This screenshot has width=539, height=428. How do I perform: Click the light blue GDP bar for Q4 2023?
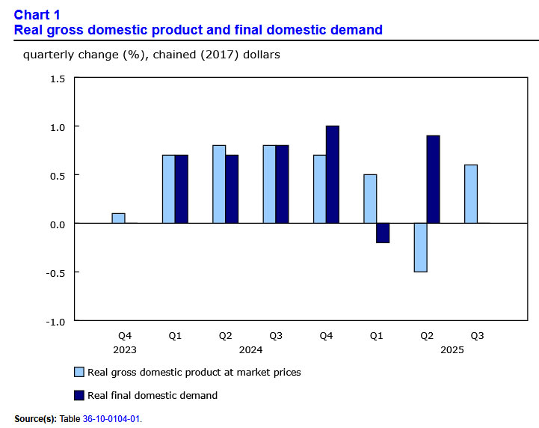pyautogui.click(x=118, y=218)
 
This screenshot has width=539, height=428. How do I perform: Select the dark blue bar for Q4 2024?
pyautogui.click(x=333, y=174)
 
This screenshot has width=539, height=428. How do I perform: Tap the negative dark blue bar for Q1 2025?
pyautogui.click(x=383, y=233)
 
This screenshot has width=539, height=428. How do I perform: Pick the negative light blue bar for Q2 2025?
pyautogui.click(x=420, y=247)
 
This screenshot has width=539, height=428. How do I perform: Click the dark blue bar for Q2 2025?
pyautogui.click(x=433, y=180)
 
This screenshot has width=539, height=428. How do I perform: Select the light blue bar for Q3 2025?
pyautogui.click(x=471, y=194)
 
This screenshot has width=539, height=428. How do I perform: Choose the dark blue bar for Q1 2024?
pyautogui.click(x=182, y=189)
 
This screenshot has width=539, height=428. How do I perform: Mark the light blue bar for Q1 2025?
pyautogui.click(x=370, y=199)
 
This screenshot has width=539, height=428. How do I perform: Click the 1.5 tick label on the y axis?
pyautogui.click(x=58, y=79)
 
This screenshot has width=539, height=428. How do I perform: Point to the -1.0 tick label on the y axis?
pyautogui.click(x=56, y=321)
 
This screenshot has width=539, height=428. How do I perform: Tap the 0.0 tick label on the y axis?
pyautogui.click(x=58, y=224)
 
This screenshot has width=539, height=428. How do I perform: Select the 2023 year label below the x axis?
pyautogui.click(x=125, y=349)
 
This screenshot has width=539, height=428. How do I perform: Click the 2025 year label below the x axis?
pyautogui.click(x=452, y=349)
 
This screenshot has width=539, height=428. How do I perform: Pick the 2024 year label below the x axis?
pyautogui.click(x=250, y=349)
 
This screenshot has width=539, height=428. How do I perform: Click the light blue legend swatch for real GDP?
pyautogui.click(x=78, y=372)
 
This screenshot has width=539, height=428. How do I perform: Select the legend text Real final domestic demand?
pyautogui.click(x=153, y=395)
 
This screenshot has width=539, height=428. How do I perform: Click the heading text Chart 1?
pyautogui.click(x=37, y=15)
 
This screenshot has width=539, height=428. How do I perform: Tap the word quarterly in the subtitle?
pyautogui.click(x=49, y=55)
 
